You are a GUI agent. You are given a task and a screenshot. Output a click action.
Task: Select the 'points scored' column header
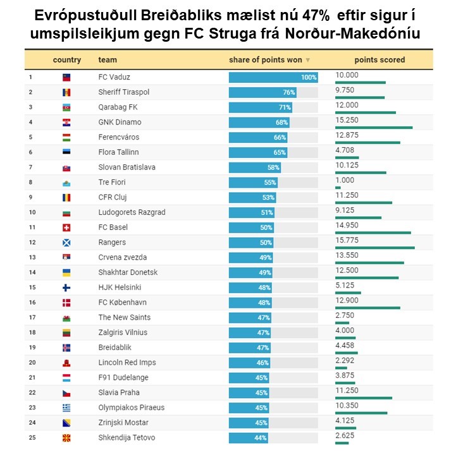point(379,60)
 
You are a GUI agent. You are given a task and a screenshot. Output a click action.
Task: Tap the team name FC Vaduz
point(114,77)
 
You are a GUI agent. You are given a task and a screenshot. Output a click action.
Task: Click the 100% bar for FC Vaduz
point(273,77)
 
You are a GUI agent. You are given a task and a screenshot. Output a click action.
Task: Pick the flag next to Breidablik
point(66,348)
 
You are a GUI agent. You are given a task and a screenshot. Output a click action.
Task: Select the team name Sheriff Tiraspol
point(124,92)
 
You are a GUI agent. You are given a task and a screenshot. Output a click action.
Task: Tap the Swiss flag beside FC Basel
point(66,227)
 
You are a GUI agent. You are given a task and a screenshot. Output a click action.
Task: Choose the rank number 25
point(30,438)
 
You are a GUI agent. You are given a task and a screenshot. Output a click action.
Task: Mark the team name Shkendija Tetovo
point(126,438)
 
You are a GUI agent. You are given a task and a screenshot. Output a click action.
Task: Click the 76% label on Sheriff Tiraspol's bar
point(288,92)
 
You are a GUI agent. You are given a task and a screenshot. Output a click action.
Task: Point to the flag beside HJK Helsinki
point(66,288)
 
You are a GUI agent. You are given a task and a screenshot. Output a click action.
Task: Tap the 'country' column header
point(67,60)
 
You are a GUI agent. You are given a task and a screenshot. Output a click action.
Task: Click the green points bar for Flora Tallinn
point(347,157)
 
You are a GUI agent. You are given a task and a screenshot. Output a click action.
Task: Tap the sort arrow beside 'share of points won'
point(308,61)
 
